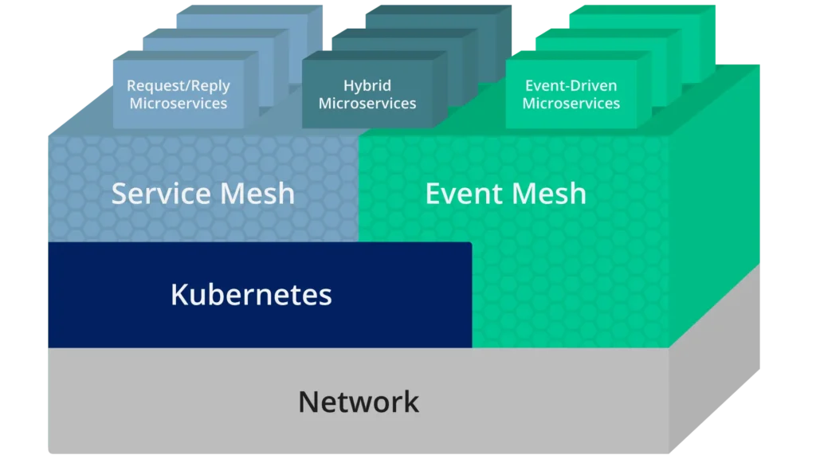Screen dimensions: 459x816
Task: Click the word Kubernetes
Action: point(251,295)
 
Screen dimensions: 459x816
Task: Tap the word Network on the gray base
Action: point(359,402)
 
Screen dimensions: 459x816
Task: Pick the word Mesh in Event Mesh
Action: point(549,194)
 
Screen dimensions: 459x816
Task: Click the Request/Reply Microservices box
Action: point(178,95)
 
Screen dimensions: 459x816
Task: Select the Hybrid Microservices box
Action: point(367,95)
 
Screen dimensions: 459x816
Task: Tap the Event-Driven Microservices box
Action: point(571,95)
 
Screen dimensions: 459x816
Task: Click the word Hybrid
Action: point(367,86)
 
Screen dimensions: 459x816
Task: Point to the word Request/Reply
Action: point(178,86)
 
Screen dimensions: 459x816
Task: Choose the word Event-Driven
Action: point(571,86)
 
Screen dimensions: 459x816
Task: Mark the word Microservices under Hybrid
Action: point(367,104)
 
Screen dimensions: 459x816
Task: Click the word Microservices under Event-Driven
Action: point(571,104)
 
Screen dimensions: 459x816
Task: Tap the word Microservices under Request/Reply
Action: point(178,104)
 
